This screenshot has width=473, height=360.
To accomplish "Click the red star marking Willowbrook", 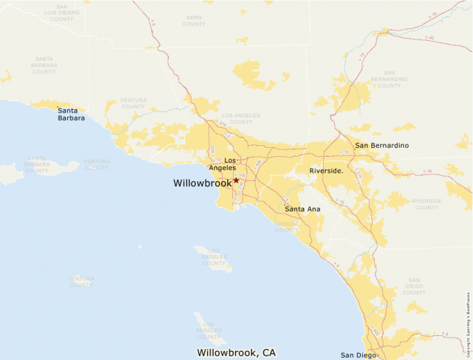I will pos(236,180).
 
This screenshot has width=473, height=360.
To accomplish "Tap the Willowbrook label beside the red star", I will pos(202,183).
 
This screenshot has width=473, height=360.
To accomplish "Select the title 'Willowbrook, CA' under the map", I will pos(231,352).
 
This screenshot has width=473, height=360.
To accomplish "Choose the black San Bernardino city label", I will pos(382,146).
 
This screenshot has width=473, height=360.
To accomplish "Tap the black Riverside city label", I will pos(326,170).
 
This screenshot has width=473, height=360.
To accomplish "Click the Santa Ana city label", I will pos(302,209).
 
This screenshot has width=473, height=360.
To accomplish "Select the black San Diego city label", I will pos(353,355).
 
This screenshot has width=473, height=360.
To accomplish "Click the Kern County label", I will pos(194,20).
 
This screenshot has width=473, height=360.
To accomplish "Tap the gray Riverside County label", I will pos(426,204).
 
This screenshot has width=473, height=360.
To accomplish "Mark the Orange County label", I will pos(286,227).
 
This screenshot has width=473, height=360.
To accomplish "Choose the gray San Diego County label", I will pos(414,288).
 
